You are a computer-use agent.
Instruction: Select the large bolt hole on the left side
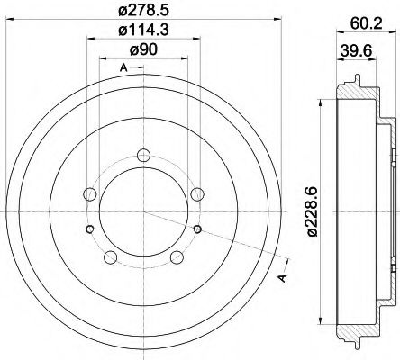pos(89,193)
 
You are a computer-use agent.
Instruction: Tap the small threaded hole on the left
pos(88,230)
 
